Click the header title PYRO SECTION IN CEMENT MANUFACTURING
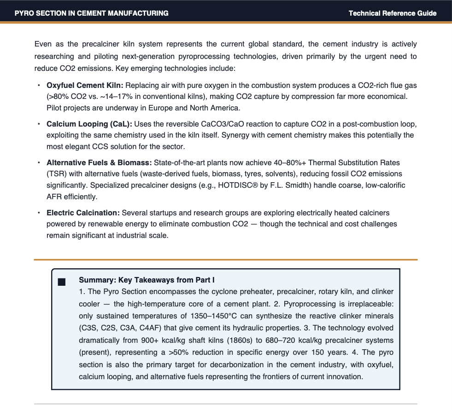(91, 13)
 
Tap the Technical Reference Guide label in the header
(392, 13)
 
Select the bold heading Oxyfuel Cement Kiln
(85, 86)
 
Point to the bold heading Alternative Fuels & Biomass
(99, 163)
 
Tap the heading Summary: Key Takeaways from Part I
(147, 280)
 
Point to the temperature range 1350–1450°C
(217, 316)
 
